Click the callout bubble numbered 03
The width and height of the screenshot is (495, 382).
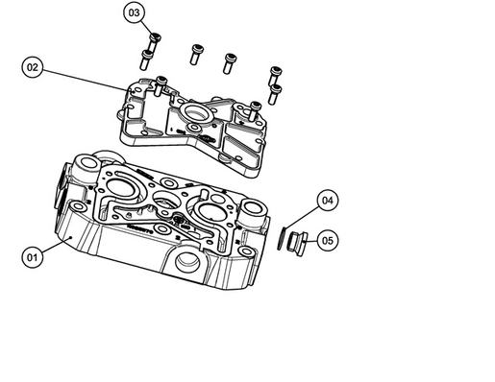[x=135, y=12]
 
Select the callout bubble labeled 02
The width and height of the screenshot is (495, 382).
[x=33, y=67]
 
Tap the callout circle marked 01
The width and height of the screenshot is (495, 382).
[x=33, y=257]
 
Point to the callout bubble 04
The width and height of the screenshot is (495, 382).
[x=328, y=201]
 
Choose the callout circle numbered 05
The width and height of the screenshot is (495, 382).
[x=328, y=239]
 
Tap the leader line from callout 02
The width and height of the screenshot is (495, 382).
[x=87, y=79]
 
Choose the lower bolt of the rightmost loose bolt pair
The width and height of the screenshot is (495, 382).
[x=275, y=91]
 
